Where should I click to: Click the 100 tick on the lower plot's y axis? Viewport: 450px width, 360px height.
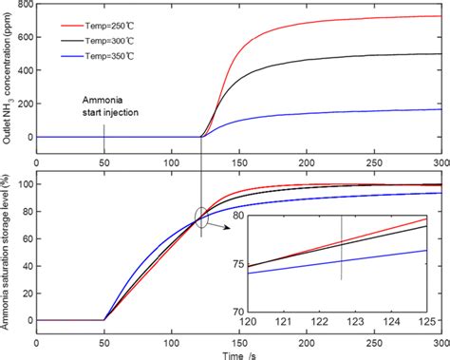tap(20, 184)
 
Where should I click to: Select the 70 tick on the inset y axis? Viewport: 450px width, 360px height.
tap(234, 311)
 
